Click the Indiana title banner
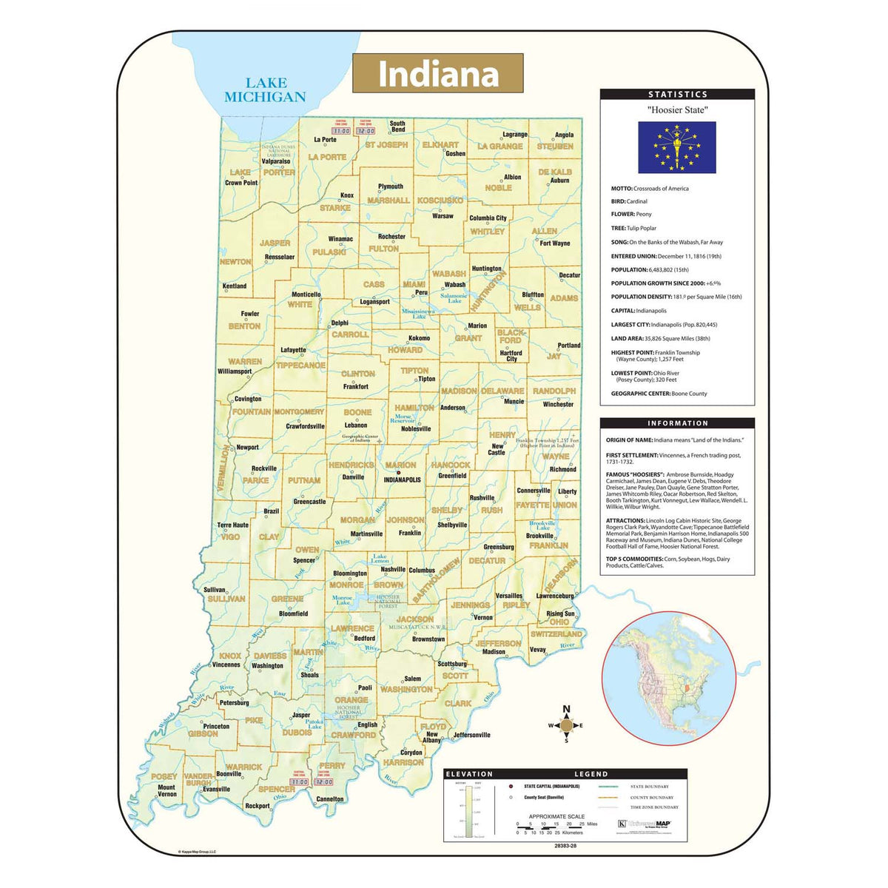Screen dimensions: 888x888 (437, 73)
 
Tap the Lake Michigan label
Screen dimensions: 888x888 (265, 90)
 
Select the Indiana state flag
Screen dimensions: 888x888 (676, 147)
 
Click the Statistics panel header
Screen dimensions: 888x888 (677, 95)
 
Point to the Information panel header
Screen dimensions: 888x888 (677, 423)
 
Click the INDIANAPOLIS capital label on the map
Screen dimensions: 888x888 (402, 480)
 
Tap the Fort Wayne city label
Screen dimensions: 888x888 (555, 243)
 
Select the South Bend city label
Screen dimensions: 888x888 (397, 127)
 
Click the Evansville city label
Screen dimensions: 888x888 (216, 789)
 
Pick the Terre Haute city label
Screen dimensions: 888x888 (233, 525)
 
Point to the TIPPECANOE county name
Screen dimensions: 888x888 (300, 365)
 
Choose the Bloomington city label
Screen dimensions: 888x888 (349, 573)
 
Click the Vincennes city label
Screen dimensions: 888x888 (226, 665)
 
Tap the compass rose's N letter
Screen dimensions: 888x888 (566, 710)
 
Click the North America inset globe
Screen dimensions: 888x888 (667, 679)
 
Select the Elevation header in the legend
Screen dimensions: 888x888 (469, 774)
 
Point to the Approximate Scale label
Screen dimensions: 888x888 (556, 816)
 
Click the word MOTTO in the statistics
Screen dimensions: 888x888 (621, 189)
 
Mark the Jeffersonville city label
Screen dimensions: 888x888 (471, 735)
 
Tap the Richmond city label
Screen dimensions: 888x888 (562, 469)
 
